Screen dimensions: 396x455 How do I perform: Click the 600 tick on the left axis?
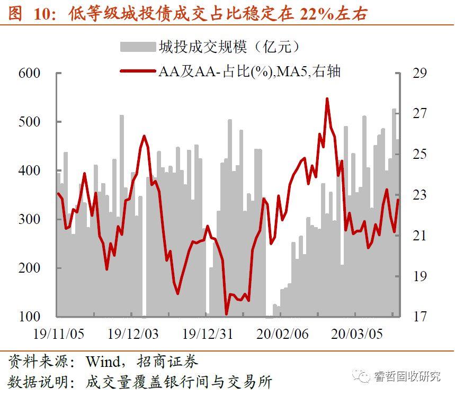point(30,73)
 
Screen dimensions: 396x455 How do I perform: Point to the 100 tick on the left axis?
point(30,317)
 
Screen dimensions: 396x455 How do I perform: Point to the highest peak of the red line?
point(327,98)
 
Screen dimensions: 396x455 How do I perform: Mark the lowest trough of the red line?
point(226,314)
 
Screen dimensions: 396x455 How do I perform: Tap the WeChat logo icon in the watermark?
point(364,376)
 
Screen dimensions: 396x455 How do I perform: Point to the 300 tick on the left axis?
point(30,219)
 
